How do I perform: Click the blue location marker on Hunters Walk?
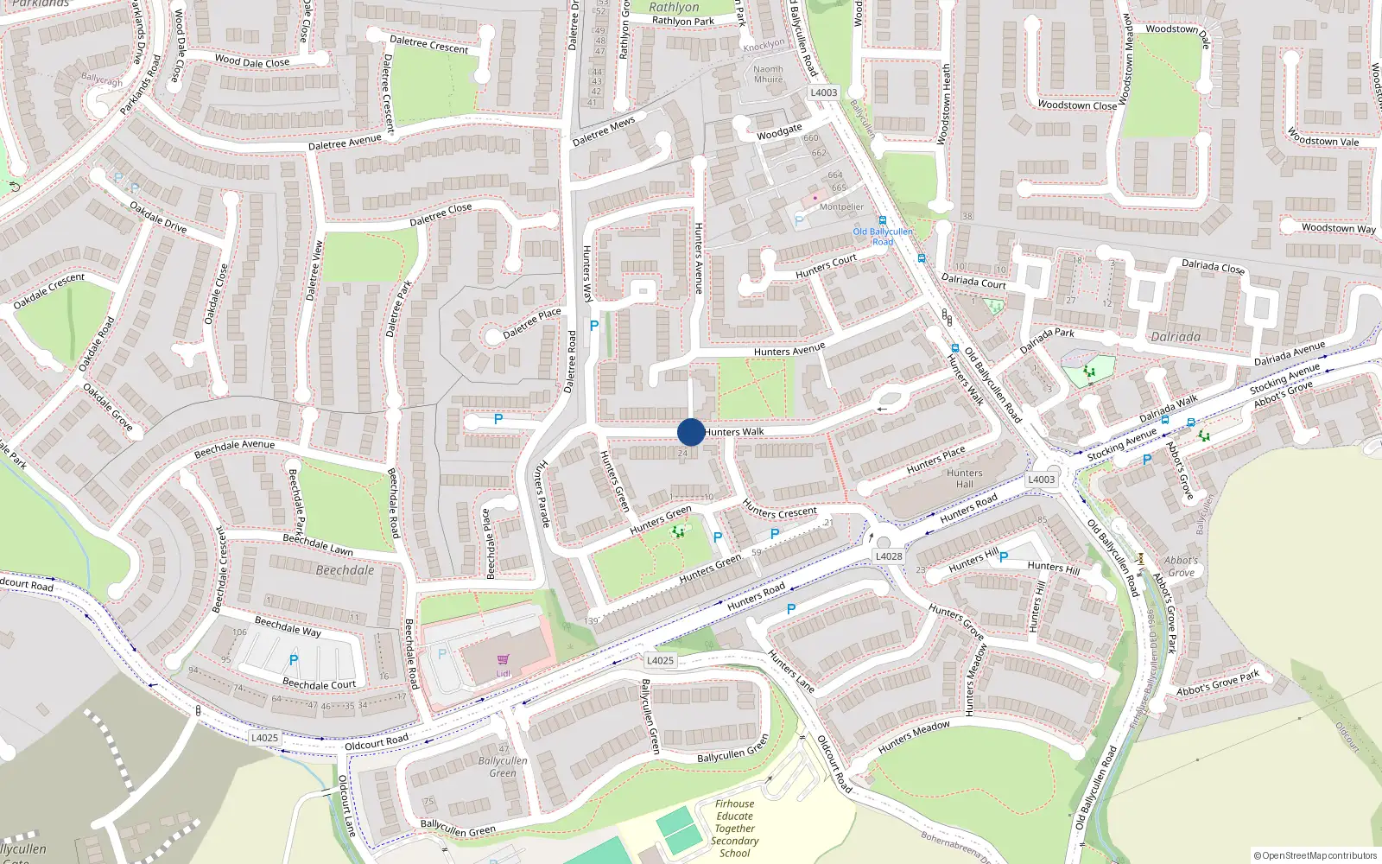(x=690, y=432)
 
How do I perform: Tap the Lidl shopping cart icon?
(x=504, y=660)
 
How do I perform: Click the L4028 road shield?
(x=889, y=556)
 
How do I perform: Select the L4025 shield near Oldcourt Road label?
(x=264, y=738)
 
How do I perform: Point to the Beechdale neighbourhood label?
(x=345, y=570)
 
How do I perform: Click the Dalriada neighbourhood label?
(x=1175, y=337)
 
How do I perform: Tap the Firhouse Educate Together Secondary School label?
(x=735, y=829)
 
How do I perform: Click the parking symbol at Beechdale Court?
(x=294, y=660)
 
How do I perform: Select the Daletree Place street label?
(x=532, y=323)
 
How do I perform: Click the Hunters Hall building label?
(x=964, y=479)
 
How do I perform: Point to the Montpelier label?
(x=841, y=207)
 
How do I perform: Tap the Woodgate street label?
(x=779, y=132)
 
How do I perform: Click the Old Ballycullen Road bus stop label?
(x=883, y=236)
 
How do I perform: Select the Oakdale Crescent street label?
(x=49, y=291)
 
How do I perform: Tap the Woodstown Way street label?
(x=1338, y=228)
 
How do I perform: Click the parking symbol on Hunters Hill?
(x=1003, y=557)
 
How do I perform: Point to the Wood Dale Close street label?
(x=252, y=61)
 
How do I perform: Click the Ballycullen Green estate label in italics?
(x=503, y=766)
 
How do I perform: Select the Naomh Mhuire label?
(x=768, y=74)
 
